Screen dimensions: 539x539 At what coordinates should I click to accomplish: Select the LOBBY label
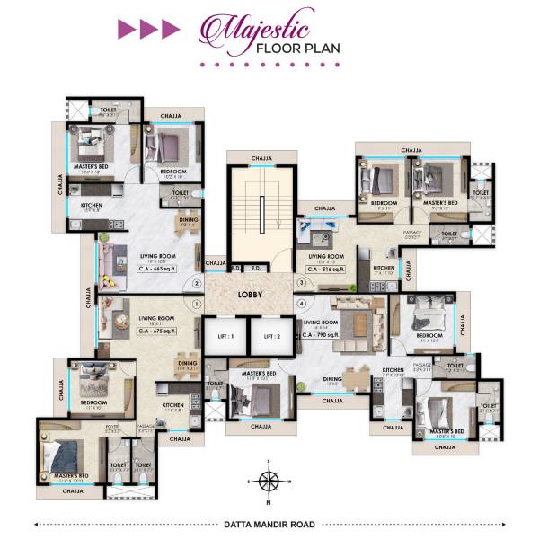click(x=250, y=294)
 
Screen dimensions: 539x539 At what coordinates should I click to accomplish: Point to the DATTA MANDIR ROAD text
click(x=269, y=522)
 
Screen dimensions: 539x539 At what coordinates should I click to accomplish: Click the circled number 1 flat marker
click(x=196, y=304)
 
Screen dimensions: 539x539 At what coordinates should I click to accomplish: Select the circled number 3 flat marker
click(x=303, y=284)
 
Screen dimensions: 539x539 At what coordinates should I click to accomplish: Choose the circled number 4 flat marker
click(x=303, y=304)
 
